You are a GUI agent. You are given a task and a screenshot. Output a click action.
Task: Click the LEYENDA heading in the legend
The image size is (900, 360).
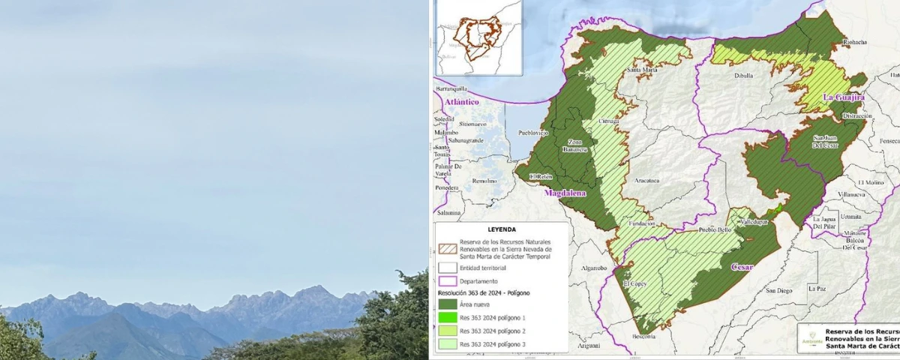click(x=502, y=229)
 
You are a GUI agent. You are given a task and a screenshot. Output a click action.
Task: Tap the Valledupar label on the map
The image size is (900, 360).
click(x=754, y=223)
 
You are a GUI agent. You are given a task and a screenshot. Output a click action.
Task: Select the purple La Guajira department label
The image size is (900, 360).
click(x=844, y=97)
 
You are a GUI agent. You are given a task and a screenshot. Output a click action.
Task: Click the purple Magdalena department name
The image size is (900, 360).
click(x=565, y=193)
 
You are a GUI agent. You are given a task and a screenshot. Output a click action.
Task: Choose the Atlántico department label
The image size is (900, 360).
click(x=461, y=101)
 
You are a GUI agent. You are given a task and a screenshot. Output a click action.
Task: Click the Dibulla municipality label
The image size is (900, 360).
click(x=744, y=75)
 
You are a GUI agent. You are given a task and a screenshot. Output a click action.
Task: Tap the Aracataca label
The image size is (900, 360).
click(x=646, y=180)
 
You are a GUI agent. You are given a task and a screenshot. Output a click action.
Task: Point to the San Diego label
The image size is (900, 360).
click(x=778, y=290)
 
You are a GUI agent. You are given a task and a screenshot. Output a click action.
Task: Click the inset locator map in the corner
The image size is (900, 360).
click(x=479, y=37)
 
